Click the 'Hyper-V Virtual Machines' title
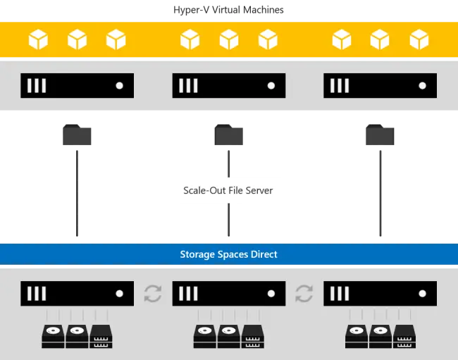[x=228, y=10]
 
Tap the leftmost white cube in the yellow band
[x=38, y=39]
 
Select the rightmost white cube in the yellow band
[x=419, y=39]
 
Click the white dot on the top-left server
[x=120, y=85]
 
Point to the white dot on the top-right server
[x=422, y=85]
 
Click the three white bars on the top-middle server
[x=188, y=85]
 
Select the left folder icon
[x=77, y=135]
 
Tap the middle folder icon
[x=229, y=135]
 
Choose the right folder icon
[x=380, y=135]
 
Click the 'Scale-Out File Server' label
[x=228, y=190]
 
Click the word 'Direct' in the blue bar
[x=264, y=254]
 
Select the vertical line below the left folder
[x=77, y=193]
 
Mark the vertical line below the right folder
[x=380, y=193]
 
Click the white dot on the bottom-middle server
[x=271, y=294]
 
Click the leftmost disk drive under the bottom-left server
[x=53, y=336]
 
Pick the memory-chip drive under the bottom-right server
[x=404, y=336]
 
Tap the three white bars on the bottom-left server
[x=37, y=294]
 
